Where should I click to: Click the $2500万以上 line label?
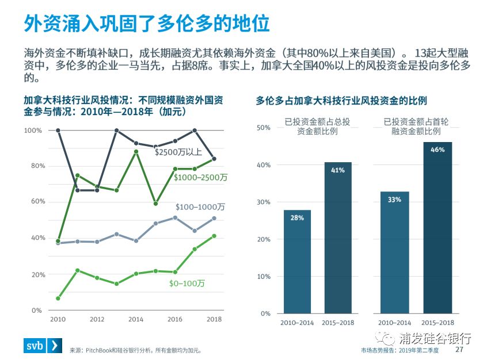pyautogui.click(x=178, y=152)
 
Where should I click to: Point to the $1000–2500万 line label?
pyautogui.click(x=200, y=178)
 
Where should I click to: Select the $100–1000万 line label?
pyautogui.click(x=200, y=206)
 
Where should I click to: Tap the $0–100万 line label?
pyautogui.click(x=187, y=284)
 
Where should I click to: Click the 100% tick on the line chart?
pyautogui.click(x=33, y=131)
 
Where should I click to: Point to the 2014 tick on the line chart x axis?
pyautogui.click(x=136, y=319)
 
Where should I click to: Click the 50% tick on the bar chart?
pyautogui.click(x=263, y=128)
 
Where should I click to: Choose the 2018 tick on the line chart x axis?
pyautogui.click(x=214, y=319)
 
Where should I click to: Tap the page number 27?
pyautogui.click(x=459, y=350)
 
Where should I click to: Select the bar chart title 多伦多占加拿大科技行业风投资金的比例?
pyautogui.click(x=341, y=101)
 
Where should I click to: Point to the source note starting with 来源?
pyautogui.click(x=135, y=350)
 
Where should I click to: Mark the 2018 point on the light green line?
pyautogui.click(x=214, y=236)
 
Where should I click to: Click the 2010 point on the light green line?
pyautogui.click(x=58, y=298)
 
